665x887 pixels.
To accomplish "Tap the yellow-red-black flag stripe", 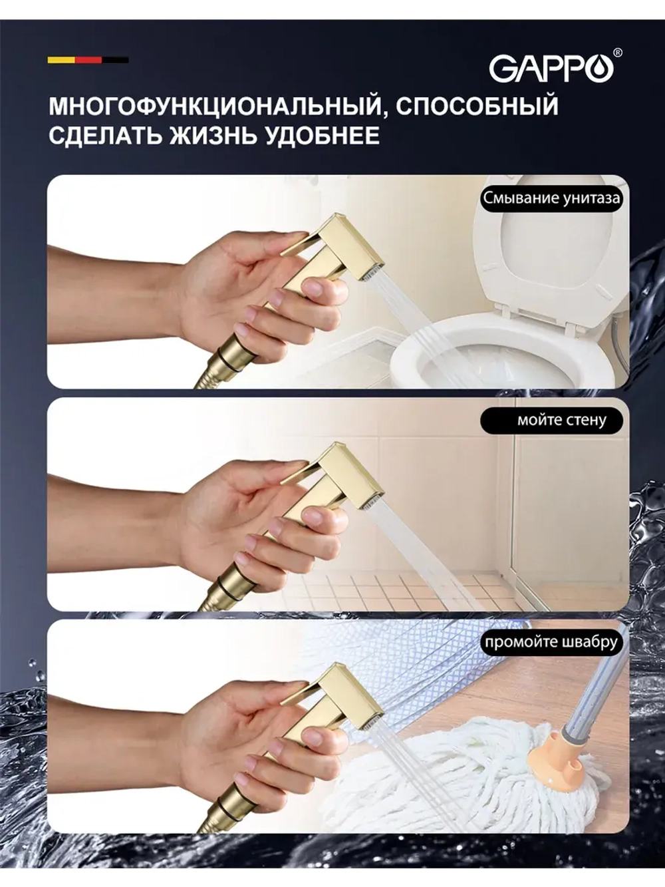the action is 88,60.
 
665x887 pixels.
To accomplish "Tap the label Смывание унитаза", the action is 551,198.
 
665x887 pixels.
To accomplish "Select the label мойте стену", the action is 562,421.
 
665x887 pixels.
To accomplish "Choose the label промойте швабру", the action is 551,642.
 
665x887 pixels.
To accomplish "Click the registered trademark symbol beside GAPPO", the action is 618,53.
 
